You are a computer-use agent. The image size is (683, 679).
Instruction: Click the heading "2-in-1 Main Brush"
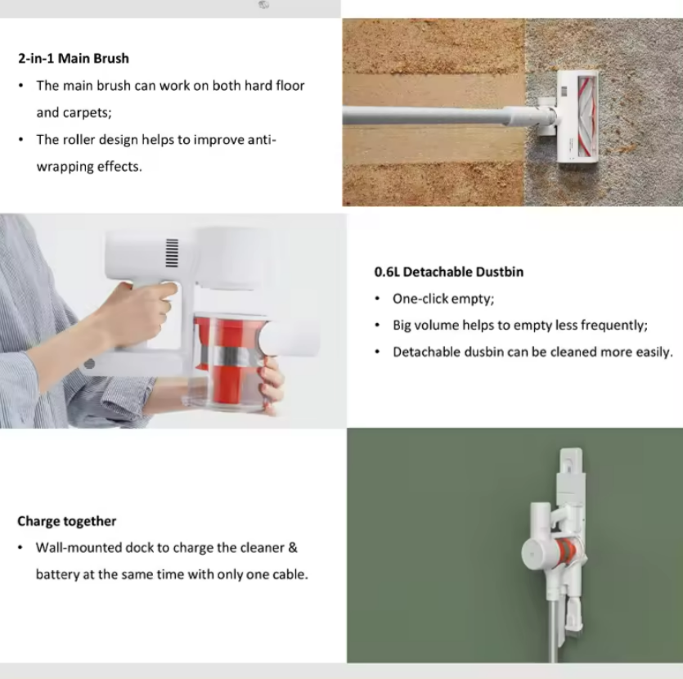point(74,58)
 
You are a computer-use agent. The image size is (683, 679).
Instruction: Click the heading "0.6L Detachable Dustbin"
point(449,272)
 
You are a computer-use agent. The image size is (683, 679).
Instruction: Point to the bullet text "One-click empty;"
point(443,299)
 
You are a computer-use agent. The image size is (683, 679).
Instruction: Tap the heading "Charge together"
point(66,521)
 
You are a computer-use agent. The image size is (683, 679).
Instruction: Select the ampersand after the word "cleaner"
point(293,547)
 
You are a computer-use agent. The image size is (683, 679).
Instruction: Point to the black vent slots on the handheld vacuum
point(172,253)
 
